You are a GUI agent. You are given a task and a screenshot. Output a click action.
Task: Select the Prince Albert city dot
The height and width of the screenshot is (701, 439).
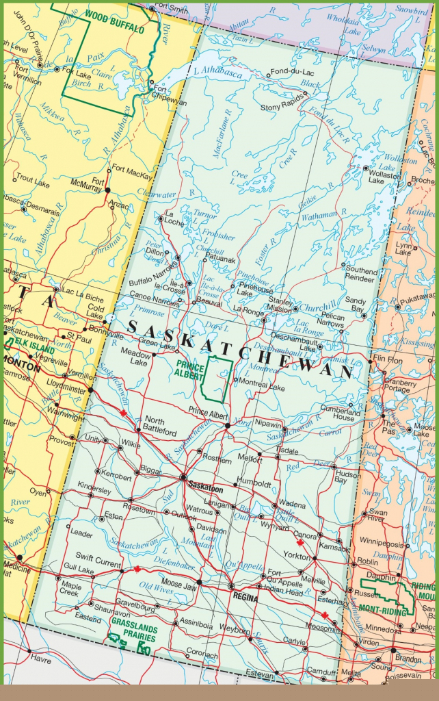tap(228, 425)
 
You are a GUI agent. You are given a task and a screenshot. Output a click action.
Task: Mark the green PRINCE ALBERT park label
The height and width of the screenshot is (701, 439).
tap(189, 370)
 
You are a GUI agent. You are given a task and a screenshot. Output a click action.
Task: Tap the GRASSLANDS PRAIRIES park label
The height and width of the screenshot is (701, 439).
tap(134, 633)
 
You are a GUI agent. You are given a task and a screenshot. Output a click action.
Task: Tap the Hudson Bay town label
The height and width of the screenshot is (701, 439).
tap(348, 476)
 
